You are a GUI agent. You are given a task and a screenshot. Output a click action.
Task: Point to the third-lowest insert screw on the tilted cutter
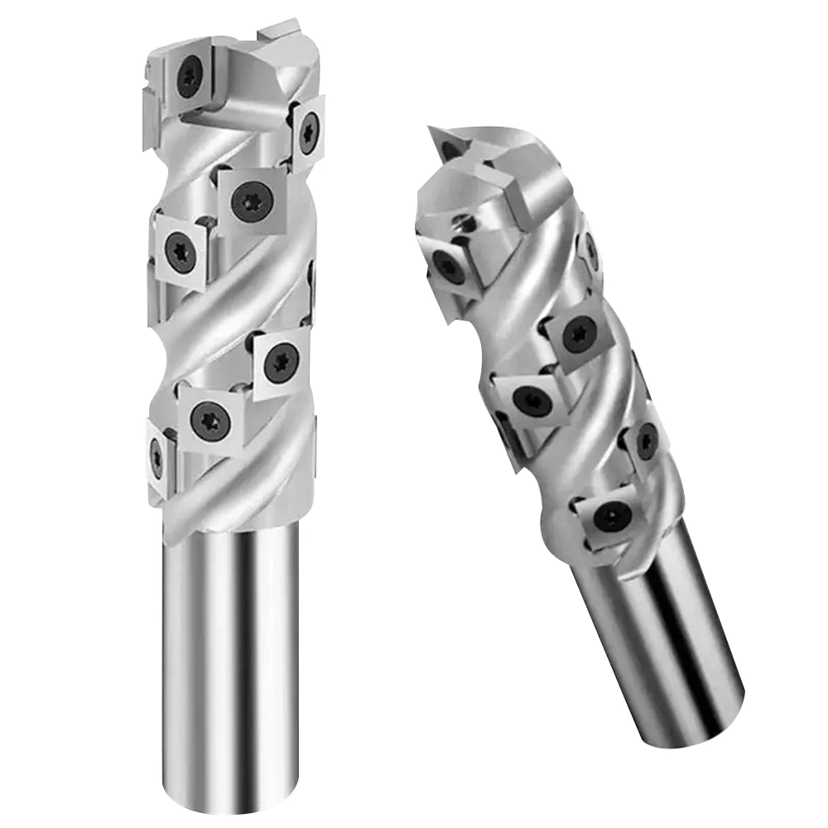click(x=527, y=402)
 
